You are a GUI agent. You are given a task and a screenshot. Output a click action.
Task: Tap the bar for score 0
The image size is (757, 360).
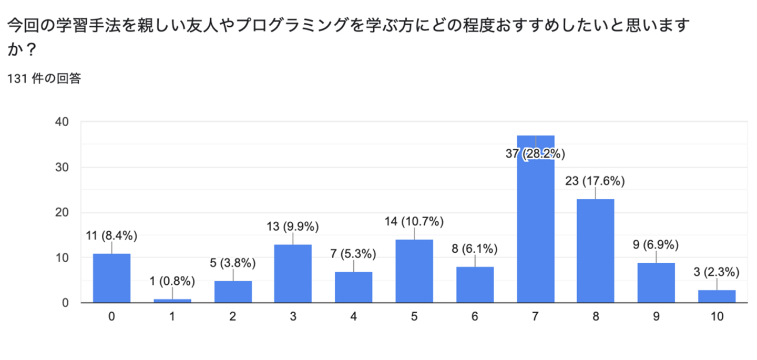(x=111, y=278)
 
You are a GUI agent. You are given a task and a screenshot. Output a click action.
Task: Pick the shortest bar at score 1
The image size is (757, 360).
(x=172, y=301)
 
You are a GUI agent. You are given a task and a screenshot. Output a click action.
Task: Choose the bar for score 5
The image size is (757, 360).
(x=414, y=271)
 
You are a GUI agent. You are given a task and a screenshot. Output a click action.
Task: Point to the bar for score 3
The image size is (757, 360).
(x=293, y=273)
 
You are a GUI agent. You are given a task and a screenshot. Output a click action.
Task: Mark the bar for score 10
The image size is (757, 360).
(x=717, y=296)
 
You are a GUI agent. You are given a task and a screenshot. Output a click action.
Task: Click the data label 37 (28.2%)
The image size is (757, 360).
(x=536, y=154)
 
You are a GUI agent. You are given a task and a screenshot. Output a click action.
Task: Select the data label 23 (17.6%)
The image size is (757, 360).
(x=596, y=181)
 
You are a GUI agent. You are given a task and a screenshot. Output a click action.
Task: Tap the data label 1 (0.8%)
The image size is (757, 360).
(x=172, y=282)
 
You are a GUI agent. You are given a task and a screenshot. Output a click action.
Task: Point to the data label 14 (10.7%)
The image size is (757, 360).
(x=414, y=221)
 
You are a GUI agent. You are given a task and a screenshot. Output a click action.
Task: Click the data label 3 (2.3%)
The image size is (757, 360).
(x=717, y=272)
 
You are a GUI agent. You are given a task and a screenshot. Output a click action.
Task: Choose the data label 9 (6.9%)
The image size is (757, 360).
(x=657, y=245)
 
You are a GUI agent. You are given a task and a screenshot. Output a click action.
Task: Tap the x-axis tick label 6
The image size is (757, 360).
(x=475, y=316)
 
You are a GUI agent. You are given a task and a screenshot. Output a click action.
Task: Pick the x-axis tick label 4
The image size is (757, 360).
(x=354, y=316)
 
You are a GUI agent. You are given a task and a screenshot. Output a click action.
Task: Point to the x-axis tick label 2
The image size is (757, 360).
(x=233, y=316)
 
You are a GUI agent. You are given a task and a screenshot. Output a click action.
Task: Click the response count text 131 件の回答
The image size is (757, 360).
(x=44, y=79)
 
